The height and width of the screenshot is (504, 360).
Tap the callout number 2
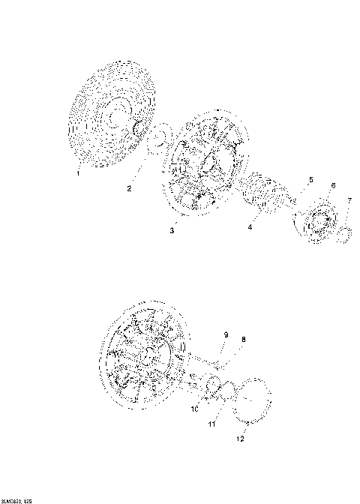click(129, 188)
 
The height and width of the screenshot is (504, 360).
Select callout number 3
click(172, 231)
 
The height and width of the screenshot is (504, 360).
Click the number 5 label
click(307, 180)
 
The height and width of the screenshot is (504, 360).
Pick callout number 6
click(333, 185)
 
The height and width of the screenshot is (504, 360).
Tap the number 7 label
click(349, 201)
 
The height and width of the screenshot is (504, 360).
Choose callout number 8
click(242, 340)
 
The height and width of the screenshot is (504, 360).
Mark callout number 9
click(224, 334)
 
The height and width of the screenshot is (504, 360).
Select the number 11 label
click(212, 424)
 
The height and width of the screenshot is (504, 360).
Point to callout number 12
click(241, 439)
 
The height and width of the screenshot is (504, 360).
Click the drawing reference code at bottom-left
click(17, 499)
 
